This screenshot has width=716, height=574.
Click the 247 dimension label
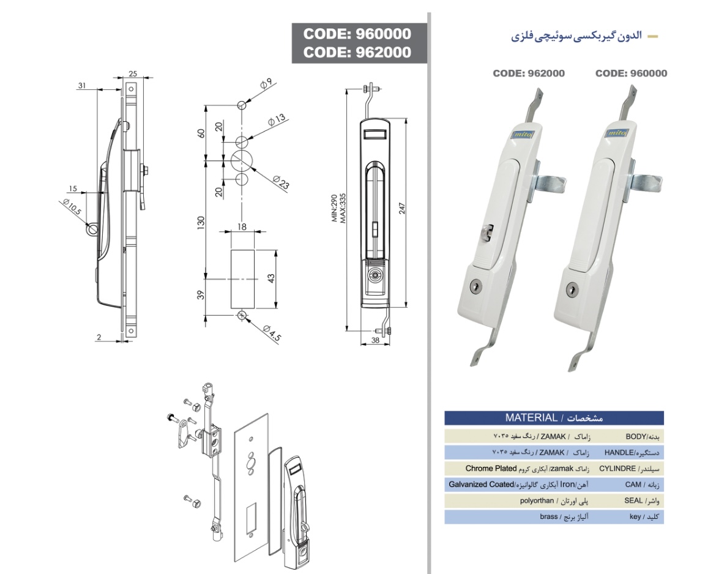[402, 208]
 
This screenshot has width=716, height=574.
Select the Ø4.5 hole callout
[272, 334]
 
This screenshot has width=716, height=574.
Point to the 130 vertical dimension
[201, 223]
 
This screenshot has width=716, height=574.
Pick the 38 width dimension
[375, 340]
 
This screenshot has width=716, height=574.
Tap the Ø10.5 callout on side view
[72, 207]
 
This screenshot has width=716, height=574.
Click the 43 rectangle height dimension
[271, 278]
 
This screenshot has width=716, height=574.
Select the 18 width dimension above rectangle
[242, 226]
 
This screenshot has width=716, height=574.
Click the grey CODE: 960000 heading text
[357, 34]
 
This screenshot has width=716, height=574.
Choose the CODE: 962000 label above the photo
[529, 73]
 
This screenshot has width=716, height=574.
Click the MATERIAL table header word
[531, 417]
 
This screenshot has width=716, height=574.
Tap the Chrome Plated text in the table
[491, 469]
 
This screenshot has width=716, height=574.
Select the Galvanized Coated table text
[481, 485]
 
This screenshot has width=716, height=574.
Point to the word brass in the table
[548, 517]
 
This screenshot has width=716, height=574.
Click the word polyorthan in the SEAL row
[537, 501]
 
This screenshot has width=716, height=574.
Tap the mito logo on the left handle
[520, 134]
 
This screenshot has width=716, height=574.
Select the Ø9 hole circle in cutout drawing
[242, 105]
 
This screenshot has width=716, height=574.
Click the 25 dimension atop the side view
[133, 73]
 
